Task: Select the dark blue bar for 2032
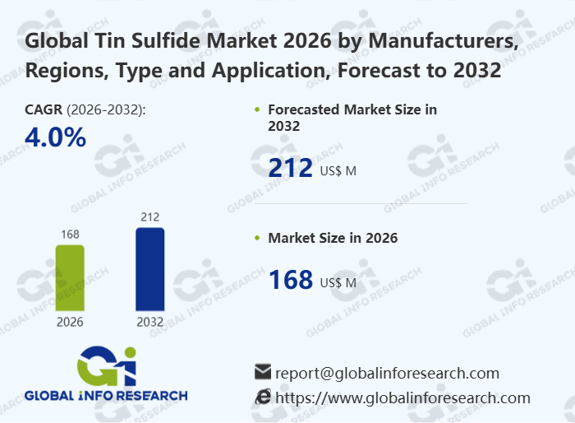(149, 269)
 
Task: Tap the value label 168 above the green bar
(70, 235)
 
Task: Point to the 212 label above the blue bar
(149, 217)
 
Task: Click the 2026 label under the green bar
(70, 322)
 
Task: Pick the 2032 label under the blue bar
(149, 322)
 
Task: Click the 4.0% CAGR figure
(56, 137)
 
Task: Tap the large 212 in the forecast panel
(291, 169)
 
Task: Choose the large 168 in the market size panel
(291, 280)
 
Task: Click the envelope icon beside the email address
(263, 371)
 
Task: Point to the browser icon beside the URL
(263, 397)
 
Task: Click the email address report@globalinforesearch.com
(387, 372)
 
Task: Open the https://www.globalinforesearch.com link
(402, 397)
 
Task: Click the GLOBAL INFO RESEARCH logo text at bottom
(106, 395)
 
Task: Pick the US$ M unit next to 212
(338, 171)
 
